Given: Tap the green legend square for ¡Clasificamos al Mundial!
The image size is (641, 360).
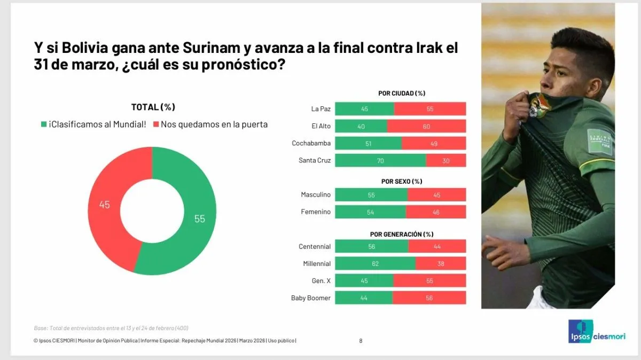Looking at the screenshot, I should (x=43, y=124).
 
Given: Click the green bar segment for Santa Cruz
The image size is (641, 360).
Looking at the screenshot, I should (x=380, y=160).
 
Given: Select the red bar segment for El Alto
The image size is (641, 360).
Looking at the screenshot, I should (x=426, y=126).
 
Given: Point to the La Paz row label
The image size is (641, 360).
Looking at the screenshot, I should (x=320, y=109).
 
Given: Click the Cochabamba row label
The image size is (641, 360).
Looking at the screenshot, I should (x=311, y=143).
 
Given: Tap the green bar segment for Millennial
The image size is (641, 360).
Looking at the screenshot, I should (x=375, y=263).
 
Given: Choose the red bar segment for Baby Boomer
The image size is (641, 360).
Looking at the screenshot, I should (x=429, y=298).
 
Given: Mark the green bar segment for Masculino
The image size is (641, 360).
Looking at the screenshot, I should (x=371, y=195).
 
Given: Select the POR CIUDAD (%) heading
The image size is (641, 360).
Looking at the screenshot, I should (x=401, y=93).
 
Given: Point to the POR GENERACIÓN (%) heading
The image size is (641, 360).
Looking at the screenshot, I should (x=401, y=234).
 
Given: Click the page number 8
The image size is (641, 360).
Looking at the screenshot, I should (x=361, y=341).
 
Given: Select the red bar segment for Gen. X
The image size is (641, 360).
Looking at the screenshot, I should (x=429, y=280).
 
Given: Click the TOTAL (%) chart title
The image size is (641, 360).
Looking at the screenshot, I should (x=153, y=107).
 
